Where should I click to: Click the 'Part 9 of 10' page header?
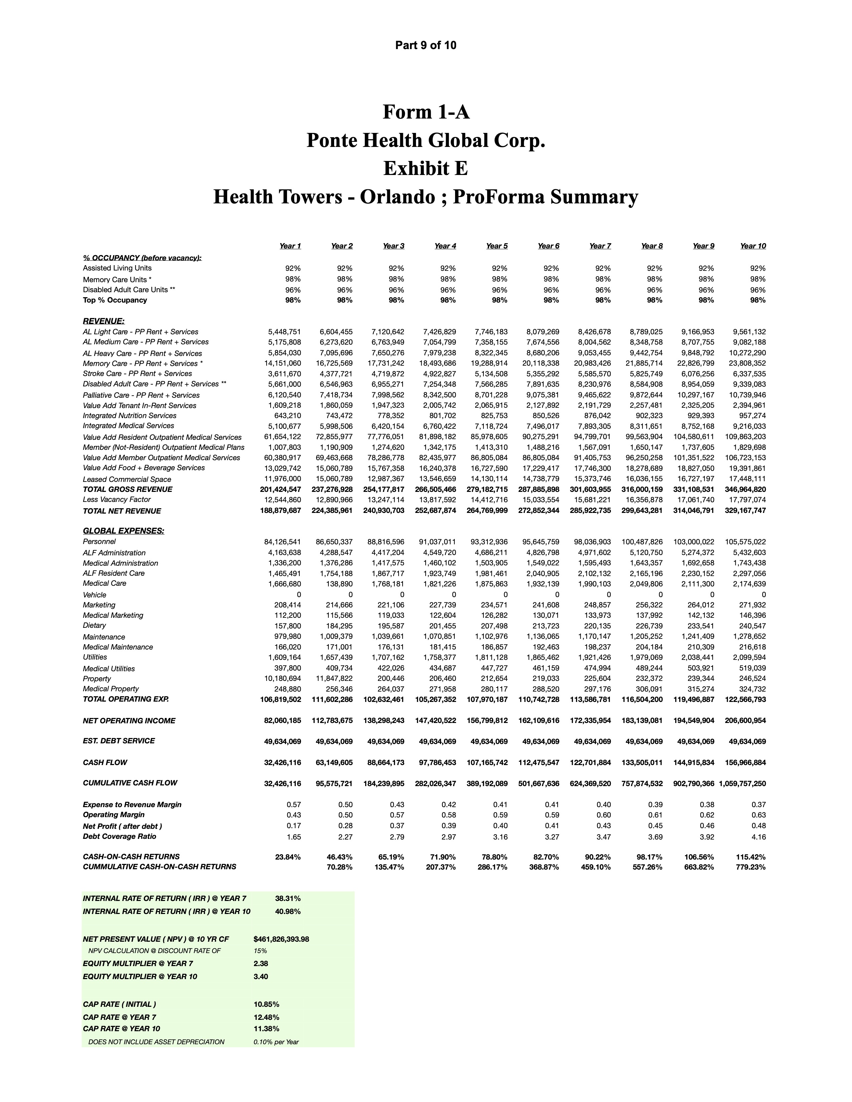coord(425,45)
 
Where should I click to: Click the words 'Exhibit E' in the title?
coord(425,168)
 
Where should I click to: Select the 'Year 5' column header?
coord(496,246)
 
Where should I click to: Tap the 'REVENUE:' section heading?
coord(104,321)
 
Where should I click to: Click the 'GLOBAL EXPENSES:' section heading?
coord(123,531)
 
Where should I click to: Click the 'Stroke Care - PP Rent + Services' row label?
coord(137,374)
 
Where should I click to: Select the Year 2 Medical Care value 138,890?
coord(338,584)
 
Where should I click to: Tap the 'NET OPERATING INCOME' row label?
coord(129,721)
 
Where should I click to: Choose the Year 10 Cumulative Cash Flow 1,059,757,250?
coord(742,784)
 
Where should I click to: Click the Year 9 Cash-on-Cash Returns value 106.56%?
coord(699,857)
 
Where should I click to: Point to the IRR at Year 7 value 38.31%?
coord(288,898)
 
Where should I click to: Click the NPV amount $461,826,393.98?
coord(281,939)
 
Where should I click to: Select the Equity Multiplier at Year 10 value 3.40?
coord(261,976)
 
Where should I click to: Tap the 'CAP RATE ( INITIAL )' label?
coord(119,1004)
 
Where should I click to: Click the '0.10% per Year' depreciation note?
coord(276,1042)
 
